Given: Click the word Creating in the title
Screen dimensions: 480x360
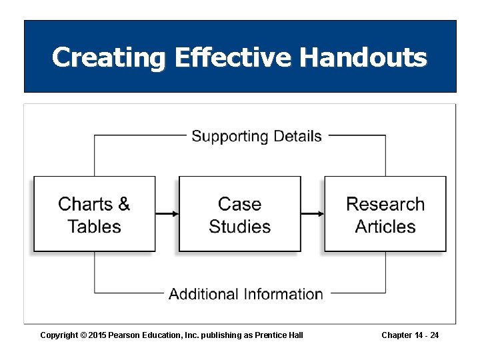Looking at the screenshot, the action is tap(109, 58).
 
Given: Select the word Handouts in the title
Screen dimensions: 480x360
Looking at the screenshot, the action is tap(363, 58).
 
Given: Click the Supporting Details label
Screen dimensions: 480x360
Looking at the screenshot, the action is tap(257, 137).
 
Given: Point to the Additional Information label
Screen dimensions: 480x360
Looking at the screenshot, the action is tap(246, 294).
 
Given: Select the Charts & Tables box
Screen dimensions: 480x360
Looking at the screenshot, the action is tap(94, 214).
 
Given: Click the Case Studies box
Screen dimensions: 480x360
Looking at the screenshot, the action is tap(240, 214).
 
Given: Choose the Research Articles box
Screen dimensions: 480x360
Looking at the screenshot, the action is tap(385, 214).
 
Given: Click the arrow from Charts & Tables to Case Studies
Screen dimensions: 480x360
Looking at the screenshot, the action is tap(167, 214).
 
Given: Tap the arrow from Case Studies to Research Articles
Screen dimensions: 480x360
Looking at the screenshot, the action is tap(313, 214).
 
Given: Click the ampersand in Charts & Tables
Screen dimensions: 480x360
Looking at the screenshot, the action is tap(123, 204).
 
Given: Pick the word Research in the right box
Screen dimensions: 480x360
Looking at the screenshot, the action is tap(385, 204).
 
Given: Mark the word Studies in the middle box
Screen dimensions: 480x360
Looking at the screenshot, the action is tap(240, 227).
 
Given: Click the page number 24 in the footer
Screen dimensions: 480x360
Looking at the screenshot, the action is tap(434, 335).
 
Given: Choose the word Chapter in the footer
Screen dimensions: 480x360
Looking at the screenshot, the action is tap(397, 335).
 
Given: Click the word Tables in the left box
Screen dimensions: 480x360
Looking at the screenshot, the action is tap(94, 227).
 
